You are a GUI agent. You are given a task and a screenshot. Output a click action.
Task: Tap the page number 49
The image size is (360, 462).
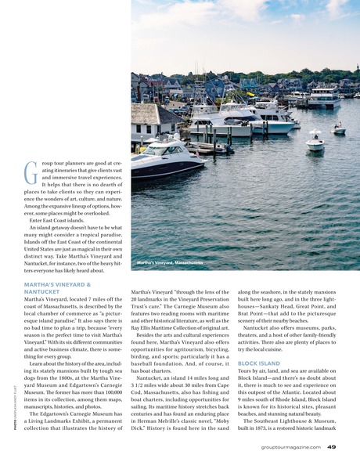332,447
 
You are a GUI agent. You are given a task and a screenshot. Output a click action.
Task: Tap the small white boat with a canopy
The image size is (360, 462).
315,143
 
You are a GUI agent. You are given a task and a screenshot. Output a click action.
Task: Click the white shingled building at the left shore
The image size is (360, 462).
152,120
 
